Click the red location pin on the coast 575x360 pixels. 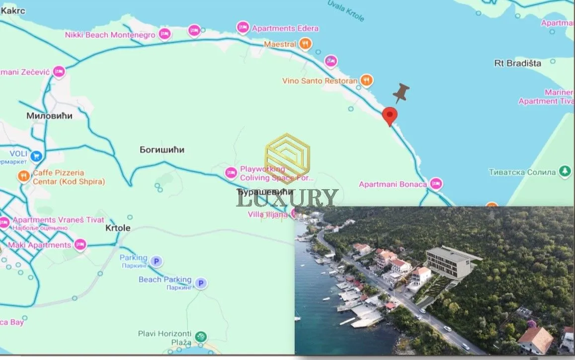click(x=390, y=116)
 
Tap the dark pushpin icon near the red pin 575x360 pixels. click(x=401, y=93)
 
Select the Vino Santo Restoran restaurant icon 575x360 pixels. click(x=367, y=80)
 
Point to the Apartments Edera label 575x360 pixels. click(x=285, y=28)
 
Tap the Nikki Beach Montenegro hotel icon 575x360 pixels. click(x=164, y=34)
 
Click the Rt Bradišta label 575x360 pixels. click(x=518, y=63)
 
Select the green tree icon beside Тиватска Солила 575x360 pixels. click(x=565, y=172)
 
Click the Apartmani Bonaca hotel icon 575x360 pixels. click(x=436, y=184)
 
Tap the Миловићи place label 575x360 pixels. click(x=49, y=116)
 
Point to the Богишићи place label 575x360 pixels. click(x=162, y=149)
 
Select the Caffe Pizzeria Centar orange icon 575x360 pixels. click(x=23, y=176)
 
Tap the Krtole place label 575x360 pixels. click(x=118, y=228)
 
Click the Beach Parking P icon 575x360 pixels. click(x=201, y=283)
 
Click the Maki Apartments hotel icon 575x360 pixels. click(x=80, y=244)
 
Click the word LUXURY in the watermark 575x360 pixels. click(x=287, y=198)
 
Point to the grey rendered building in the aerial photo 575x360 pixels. click(x=448, y=262)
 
